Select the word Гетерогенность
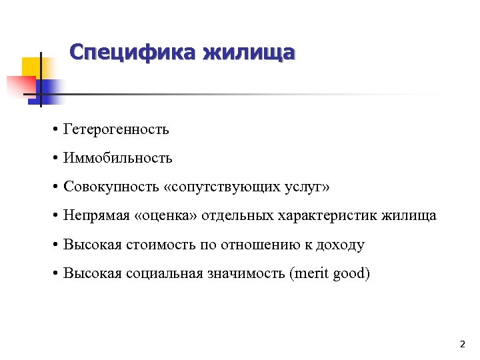point(116,129)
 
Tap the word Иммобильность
point(118,158)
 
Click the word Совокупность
point(113,187)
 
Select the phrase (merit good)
point(329,274)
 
